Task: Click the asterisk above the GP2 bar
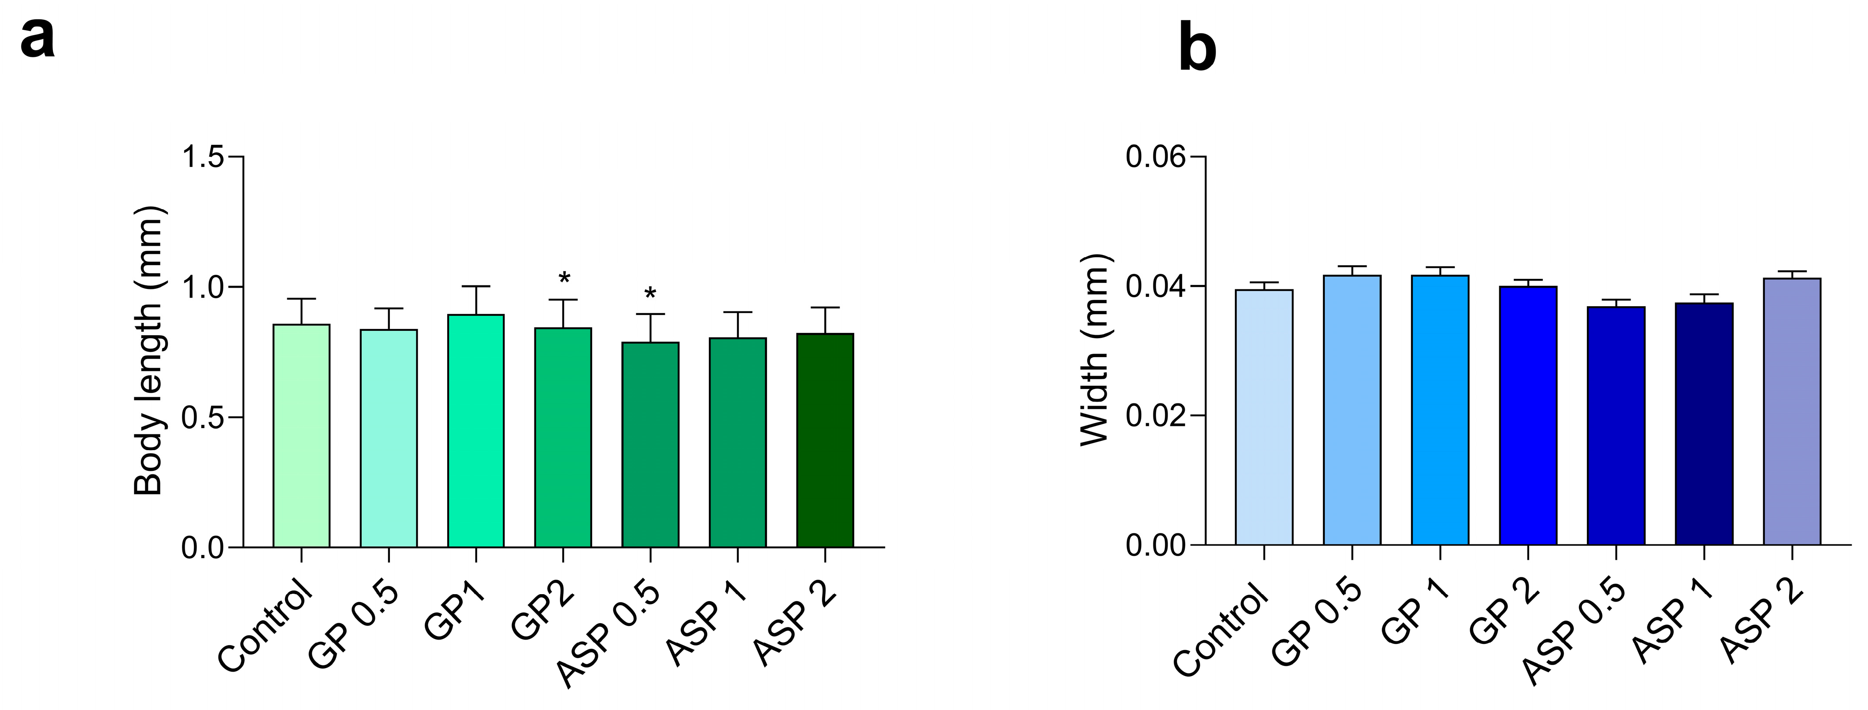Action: click(564, 278)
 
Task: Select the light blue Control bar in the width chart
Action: click(1264, 417)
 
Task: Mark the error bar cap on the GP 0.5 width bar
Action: click(1352, 267)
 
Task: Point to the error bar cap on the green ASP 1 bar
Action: click(738, 313)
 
